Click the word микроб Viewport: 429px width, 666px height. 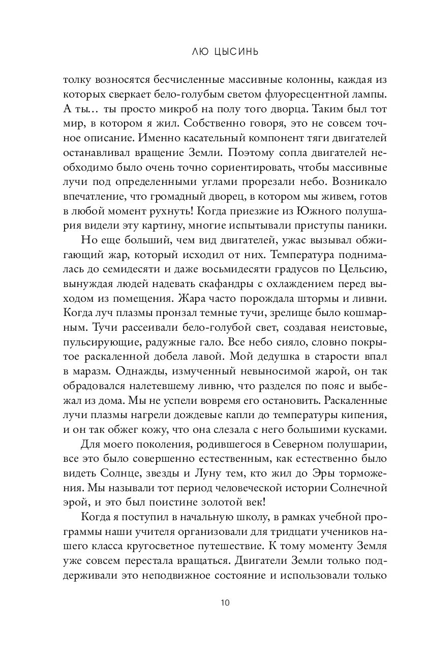[162, 109]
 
